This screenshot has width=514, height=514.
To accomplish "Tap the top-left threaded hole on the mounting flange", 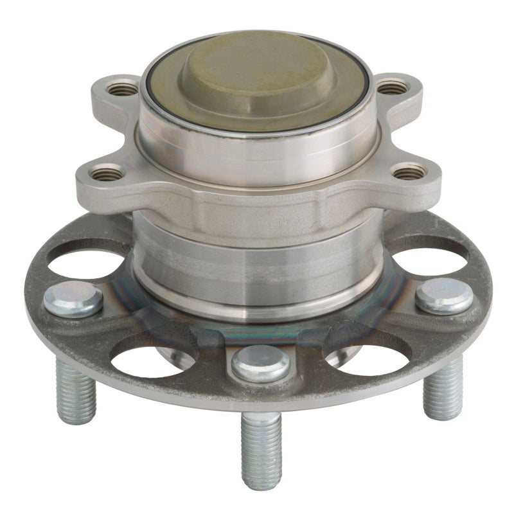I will [122, 89].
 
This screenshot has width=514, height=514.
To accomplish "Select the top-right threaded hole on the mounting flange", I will [393, 87].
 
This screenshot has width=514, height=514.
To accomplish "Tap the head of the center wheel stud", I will [260, 363].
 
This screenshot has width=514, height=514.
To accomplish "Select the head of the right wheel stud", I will [444, 296].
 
